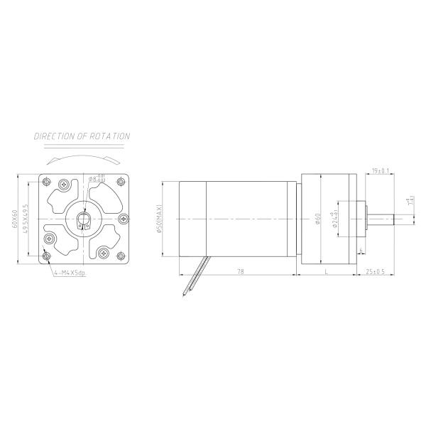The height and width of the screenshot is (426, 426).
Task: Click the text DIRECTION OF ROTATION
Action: [x=82, y=136]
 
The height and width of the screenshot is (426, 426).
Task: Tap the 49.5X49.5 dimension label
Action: [x=26, y=219]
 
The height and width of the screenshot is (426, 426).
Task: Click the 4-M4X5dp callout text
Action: [x=68, y=273]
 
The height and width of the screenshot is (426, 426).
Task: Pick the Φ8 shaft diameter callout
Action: [x=97, y=178]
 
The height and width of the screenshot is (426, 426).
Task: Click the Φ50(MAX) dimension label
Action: [x=161, y=219]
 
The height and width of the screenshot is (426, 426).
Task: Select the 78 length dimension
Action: [x=240, y=271]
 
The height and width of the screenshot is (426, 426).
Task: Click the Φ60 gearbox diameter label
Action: [x=317, y=219]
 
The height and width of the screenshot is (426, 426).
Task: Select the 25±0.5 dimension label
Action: [x=374, y=271]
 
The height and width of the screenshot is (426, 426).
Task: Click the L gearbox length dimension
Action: [x=326, y=271]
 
